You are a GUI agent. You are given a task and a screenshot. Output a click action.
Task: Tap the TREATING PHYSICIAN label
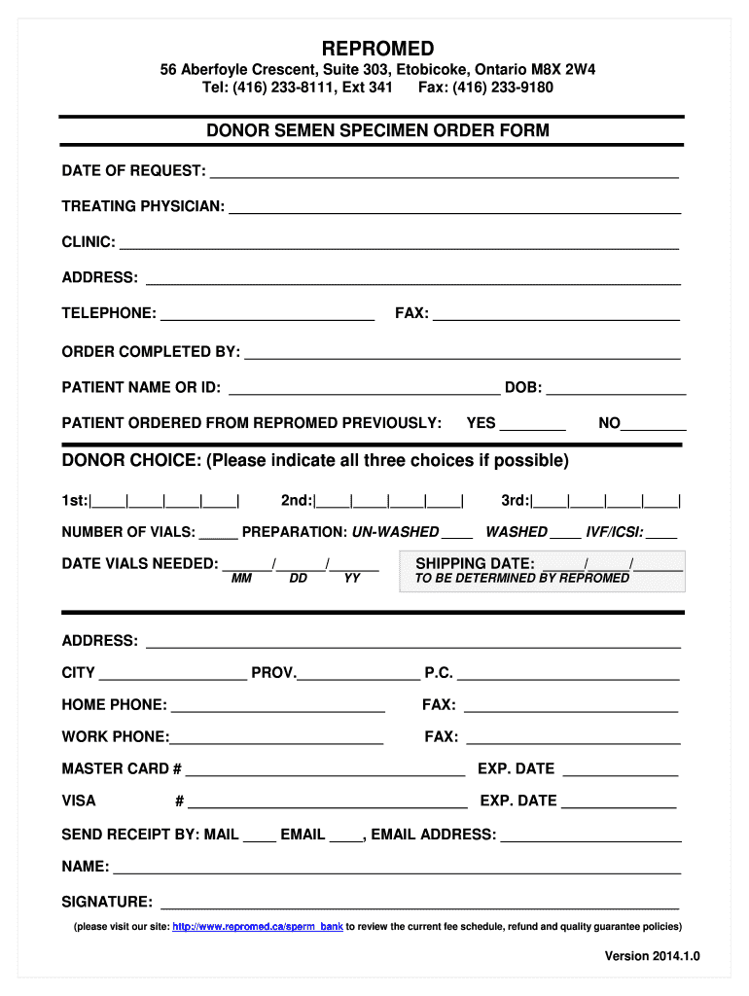point(143,206)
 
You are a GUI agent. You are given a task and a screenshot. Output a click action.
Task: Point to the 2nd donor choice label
point(297,500)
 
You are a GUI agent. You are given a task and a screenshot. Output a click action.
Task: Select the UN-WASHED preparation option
point(395,532)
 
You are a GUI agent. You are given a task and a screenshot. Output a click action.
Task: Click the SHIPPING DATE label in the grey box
point(475,563)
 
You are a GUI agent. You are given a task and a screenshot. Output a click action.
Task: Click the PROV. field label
point(274,672)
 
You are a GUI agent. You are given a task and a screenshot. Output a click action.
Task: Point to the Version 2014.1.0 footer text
point(652,956)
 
